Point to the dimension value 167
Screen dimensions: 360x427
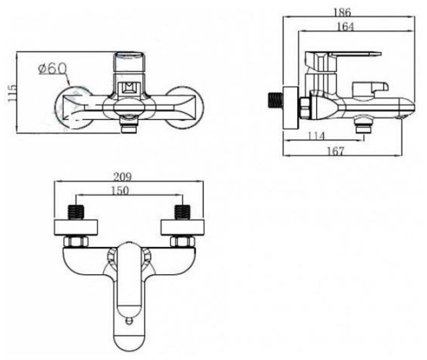335,151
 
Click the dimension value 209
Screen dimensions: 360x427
123,177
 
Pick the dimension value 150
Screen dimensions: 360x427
120,191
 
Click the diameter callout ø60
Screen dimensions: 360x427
52,69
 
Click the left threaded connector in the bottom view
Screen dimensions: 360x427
77,212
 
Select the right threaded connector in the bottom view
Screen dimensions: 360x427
182,212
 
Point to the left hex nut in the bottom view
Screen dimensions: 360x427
76,242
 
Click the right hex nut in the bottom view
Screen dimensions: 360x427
182,242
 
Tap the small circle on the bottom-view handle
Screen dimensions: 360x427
129,321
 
